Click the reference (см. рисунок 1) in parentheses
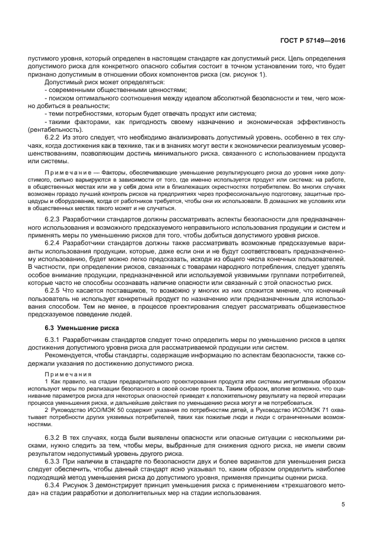pyautogui.click(x=239, y=74)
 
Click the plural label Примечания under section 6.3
pyautogui.click(x=65, y=375)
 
